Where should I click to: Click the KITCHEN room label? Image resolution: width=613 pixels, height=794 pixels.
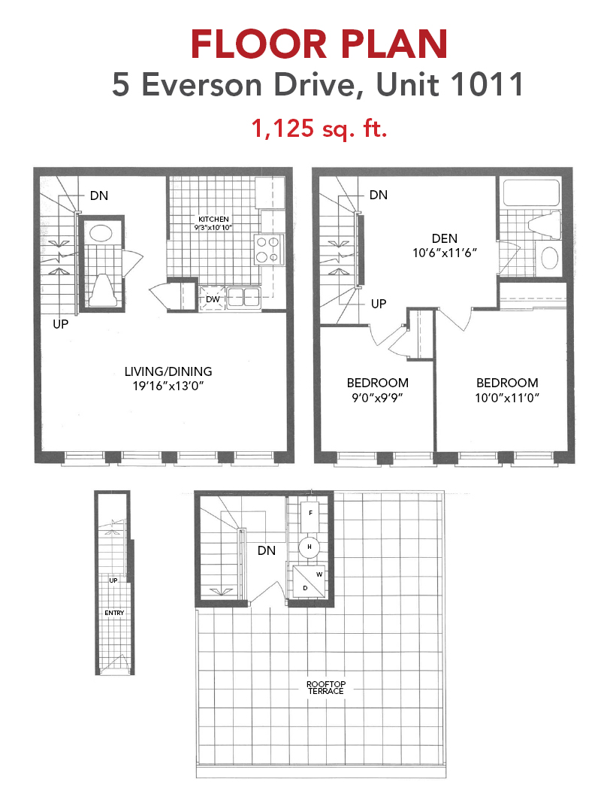(x=213, y=220)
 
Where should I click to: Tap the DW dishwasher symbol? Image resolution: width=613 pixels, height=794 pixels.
(x=213, y=299)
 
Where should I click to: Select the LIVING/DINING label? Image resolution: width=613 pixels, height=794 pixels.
(x=168, y=371)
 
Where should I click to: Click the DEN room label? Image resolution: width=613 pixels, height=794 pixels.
(x=445, y=238)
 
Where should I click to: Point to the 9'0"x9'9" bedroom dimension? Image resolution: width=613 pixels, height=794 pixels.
(x=377, y=398)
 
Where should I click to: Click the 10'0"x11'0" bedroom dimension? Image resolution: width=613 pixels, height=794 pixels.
(x=507, y=398)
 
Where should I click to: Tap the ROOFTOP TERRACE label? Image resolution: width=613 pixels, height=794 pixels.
(x=326, y=688)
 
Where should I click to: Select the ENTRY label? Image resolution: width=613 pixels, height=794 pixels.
(x=114, y=613)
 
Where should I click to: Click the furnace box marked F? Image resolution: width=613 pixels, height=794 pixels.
(x=310, y=513)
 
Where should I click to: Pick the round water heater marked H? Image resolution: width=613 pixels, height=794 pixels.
(x=309, y=547)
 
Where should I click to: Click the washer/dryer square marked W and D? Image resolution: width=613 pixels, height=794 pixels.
(x=309, y=581)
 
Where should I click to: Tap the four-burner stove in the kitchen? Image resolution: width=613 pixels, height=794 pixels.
(x=269, y=250)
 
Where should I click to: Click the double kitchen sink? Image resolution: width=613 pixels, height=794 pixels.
(x=243, y=297)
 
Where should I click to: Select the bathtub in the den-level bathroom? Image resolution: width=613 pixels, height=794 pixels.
(x=532, y=193)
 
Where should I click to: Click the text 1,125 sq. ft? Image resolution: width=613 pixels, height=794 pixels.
(x=319, y=128)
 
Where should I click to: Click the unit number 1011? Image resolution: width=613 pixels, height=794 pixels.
(x=486, y=84)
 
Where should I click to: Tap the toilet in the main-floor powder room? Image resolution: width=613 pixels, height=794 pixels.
(x=101, y=290)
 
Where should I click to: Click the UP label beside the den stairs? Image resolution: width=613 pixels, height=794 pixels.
(x=379, y=304)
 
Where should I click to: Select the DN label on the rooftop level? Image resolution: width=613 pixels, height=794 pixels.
(x=267, y=550)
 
